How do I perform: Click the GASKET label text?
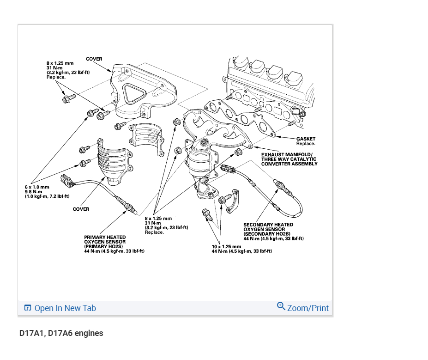[x=306, y=139]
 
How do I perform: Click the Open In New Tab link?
[x=65, y=308]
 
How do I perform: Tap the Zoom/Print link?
[x=307, y=308]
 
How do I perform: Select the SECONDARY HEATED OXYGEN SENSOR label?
[x=268, y=229]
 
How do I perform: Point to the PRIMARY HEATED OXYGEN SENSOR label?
[x=105, y=242]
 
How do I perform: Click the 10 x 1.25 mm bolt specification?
[x=226, y=246]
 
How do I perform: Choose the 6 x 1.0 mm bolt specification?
[x=37, y=187]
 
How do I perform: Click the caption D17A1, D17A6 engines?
[x=61, y=333]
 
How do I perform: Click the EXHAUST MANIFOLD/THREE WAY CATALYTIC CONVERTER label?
[x=289, y=159]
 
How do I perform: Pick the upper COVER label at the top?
[x=94, y=59]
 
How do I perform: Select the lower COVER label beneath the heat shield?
[x=81, y=209]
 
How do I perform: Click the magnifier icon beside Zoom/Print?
[x=281, y=306]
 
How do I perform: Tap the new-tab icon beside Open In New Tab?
[x=28, y=308]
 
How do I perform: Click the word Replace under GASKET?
[x=306, y=144]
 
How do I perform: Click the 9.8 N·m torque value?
[x=34, y=192]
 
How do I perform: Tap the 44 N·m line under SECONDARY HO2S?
[x=273, y=238]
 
